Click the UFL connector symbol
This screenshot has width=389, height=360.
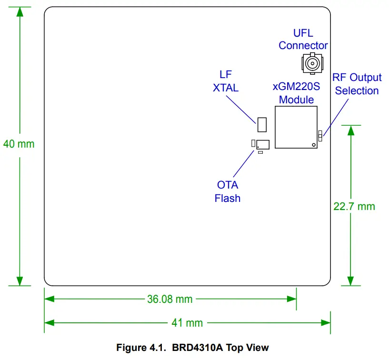click(312, 63)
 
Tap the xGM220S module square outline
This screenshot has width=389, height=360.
click(296, 127)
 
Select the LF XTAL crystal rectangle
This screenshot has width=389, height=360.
click(261, 124)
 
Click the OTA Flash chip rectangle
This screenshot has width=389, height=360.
click(262, 144)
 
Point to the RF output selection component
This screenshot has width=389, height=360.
click(320, 135)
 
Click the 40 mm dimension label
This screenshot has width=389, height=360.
click(19, 143)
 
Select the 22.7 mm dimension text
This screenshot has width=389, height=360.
click(354, 206)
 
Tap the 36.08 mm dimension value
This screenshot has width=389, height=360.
click(170, 299)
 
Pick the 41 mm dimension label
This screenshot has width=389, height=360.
click(187, 323)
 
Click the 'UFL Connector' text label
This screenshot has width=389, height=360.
click(303, 40)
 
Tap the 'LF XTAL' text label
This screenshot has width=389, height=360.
click(226, 81)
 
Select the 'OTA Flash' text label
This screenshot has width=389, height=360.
click(228, 191)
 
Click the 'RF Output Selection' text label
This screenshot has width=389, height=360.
click(357, 84)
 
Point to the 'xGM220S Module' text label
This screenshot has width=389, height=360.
click(296, 93)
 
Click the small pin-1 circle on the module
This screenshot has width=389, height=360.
click(313, 144)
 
